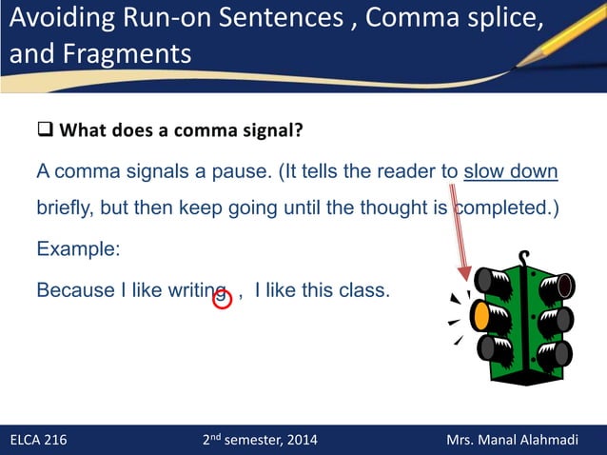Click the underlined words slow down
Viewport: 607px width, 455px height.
tap(510, 172)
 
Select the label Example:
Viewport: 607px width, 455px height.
tap(78, 249)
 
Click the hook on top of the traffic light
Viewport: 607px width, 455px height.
tap(523, 258)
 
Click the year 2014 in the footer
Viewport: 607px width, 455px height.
tap(301, 440)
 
